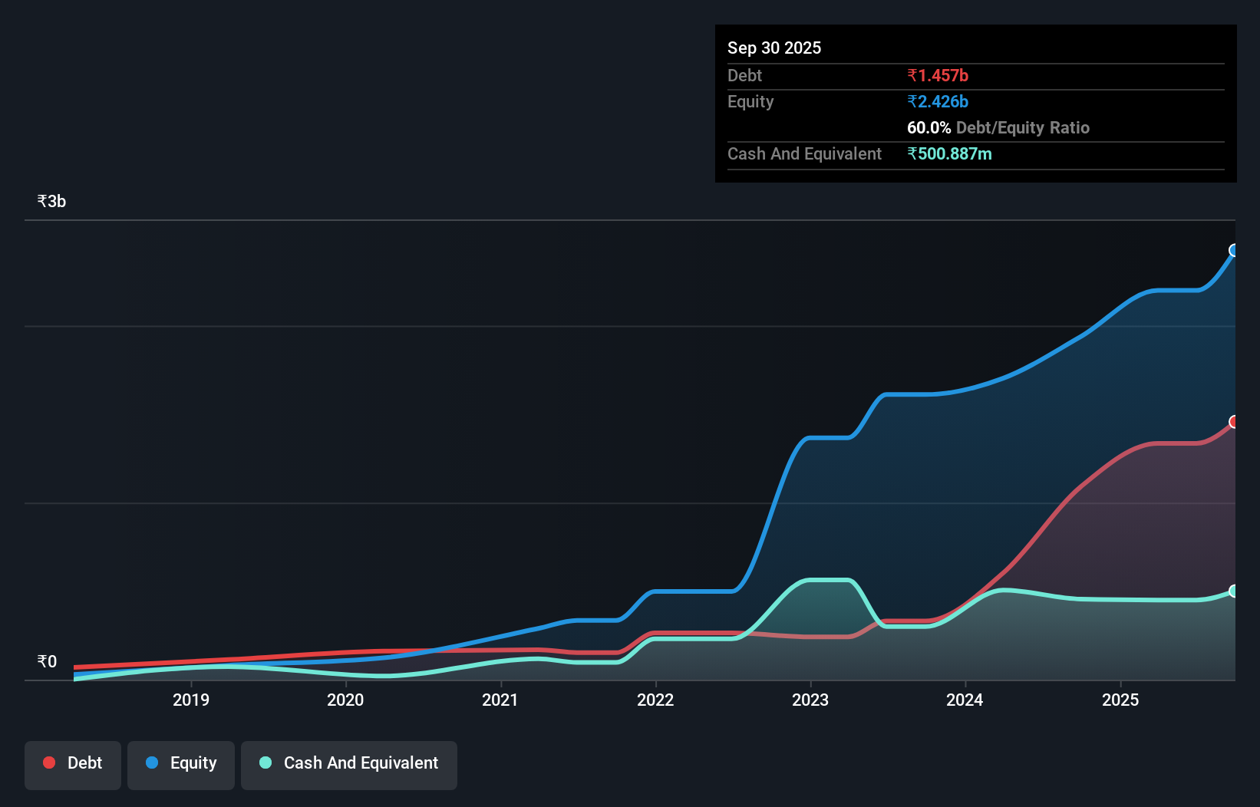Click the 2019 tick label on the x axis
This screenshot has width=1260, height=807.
[x=190, y=700]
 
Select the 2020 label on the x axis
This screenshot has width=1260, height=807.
[x=345, y=700]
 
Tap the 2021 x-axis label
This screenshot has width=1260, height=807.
[x=500, y=700]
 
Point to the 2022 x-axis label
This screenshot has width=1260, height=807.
[x=655, y=700]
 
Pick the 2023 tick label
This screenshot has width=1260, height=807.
[x=810, y=700]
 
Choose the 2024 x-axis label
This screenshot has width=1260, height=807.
[x=965, y=700]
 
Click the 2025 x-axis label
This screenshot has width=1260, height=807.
[x=1120, y=700]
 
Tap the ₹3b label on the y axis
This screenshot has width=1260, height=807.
[x=51, y=202]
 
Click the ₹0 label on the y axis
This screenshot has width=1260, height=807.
[x=47, y=661]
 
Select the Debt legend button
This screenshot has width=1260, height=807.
[x=73, y=763]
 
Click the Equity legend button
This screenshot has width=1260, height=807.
[x=181, y=763]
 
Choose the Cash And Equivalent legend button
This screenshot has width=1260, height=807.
[x=349, y=763]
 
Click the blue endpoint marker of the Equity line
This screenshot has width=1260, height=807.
[x=1234, y=250]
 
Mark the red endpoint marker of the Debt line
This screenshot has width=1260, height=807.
[x=1234, y=422]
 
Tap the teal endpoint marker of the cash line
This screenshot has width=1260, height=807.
[x=1234, y=591]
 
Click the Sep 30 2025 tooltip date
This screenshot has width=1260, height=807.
[x=773, y=48]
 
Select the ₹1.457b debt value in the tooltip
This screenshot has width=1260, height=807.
[x=937, y=75]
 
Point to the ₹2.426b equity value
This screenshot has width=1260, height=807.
[x=937, y=101]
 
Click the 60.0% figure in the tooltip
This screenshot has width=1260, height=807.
[x=929, y=127]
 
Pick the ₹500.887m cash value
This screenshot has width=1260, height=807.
[x=949, y=153]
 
